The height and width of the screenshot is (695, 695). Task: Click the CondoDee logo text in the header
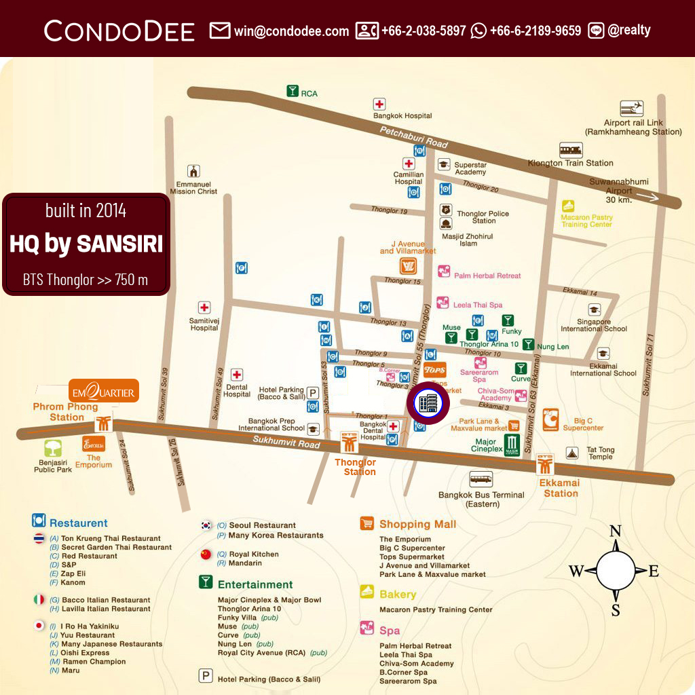(x=119, y=31)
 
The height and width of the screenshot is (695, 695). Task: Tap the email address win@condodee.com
(x=291, y=31)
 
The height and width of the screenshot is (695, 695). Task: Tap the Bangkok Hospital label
(x=402, y=116)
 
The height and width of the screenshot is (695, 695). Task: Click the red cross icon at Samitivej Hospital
(x=204, y=307)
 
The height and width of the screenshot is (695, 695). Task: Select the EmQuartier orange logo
(x=104, y=392)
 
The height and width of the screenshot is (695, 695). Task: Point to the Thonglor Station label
(x=355, y=467)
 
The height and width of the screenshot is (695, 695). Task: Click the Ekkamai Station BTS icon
(x=546, y=464)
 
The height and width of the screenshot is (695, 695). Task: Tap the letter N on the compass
(x=615, y=531)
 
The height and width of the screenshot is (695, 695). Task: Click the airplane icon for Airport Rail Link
(x=632, y=109)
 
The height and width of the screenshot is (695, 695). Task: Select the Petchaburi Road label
(x=414, y=138)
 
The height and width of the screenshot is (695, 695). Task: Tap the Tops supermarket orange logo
(x=434, y=370)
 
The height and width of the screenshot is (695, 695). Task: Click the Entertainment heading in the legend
(x=255, y=584)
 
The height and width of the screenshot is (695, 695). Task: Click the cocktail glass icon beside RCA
(x=293, y=92)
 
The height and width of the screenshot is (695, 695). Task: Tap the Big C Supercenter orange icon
(x=550, y=419)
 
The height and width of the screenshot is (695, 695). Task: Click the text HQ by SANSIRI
(x=86, y=244)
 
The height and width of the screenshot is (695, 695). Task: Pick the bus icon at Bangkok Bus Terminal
(x=481, y=479)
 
